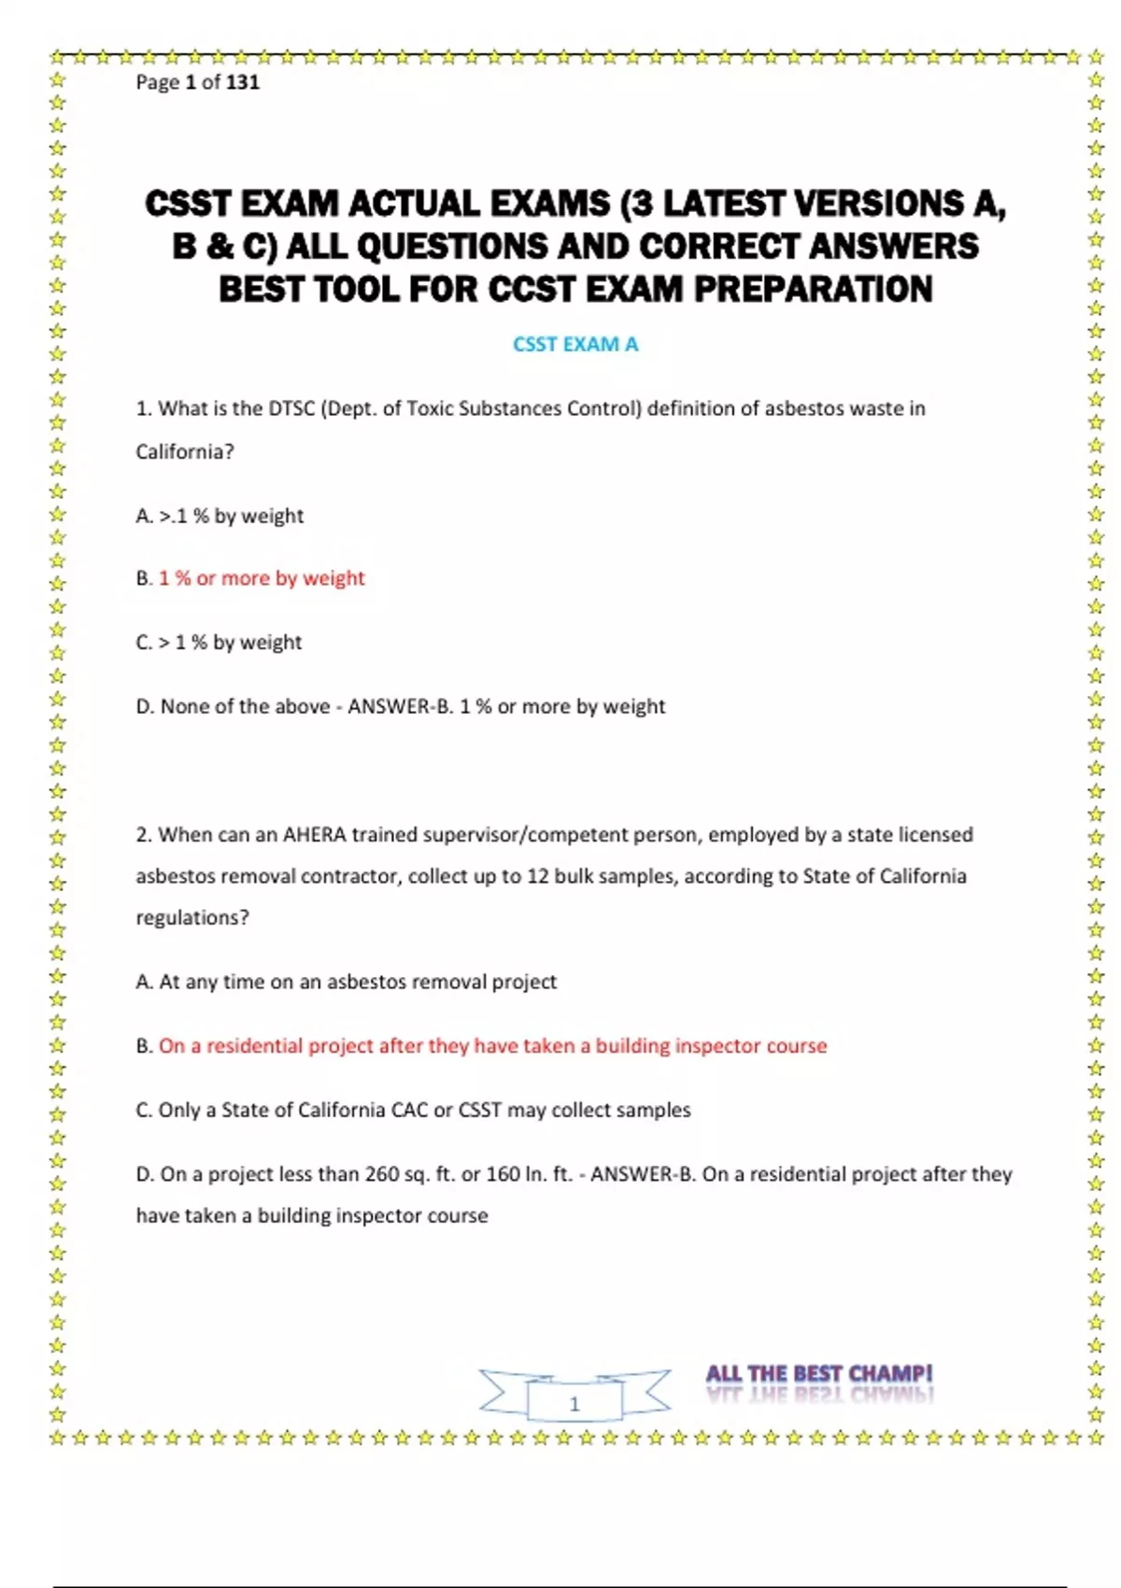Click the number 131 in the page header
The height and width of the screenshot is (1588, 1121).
point(242,82)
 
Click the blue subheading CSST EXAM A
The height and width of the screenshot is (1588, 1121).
point(575,345)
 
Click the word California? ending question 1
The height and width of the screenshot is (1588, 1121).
point(185,452)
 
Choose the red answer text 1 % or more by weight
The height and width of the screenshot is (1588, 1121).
point(262,578)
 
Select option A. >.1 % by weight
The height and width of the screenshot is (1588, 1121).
point(220,516)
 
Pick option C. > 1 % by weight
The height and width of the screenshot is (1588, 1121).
point(219,643)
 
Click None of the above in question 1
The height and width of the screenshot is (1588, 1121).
point(245,706)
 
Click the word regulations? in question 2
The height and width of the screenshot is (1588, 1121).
point(192,917)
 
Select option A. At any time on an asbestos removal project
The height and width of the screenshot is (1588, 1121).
point(346,982)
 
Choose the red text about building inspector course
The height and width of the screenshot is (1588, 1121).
point(492,1046)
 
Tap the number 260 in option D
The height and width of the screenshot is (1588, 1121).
point(382,1174)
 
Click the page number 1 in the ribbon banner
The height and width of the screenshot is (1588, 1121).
point(575,1404)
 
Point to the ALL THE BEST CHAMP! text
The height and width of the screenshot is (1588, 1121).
point(818,1374)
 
